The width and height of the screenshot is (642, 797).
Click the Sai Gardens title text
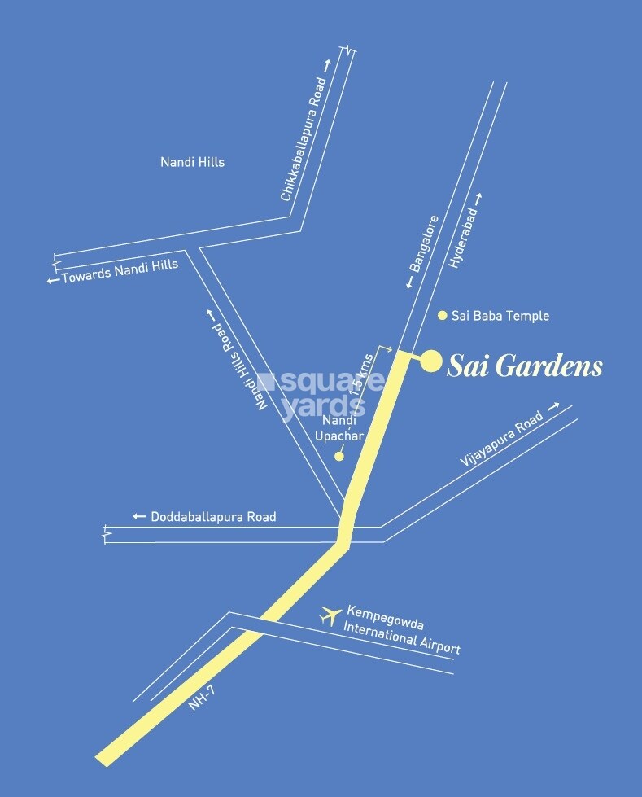pyautogui.click(x=526, y=367)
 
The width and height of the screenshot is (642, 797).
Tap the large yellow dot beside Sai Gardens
pyautogui.click(x=430, y=361)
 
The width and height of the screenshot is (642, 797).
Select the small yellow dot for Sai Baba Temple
pyautogui.click(x=443, y=315)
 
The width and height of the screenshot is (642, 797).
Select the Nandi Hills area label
pyautogui.click(x=193, y=162)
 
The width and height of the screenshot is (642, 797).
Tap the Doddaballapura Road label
pyautogui.click(x=213, y=516)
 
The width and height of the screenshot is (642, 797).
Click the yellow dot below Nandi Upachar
pyautogui.click(x=339, y=457)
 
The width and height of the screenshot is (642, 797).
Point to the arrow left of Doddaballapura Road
pyautogui.click(x=139, y=516)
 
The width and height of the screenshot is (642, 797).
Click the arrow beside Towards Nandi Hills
pyautogui.click(x=53, y=280)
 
